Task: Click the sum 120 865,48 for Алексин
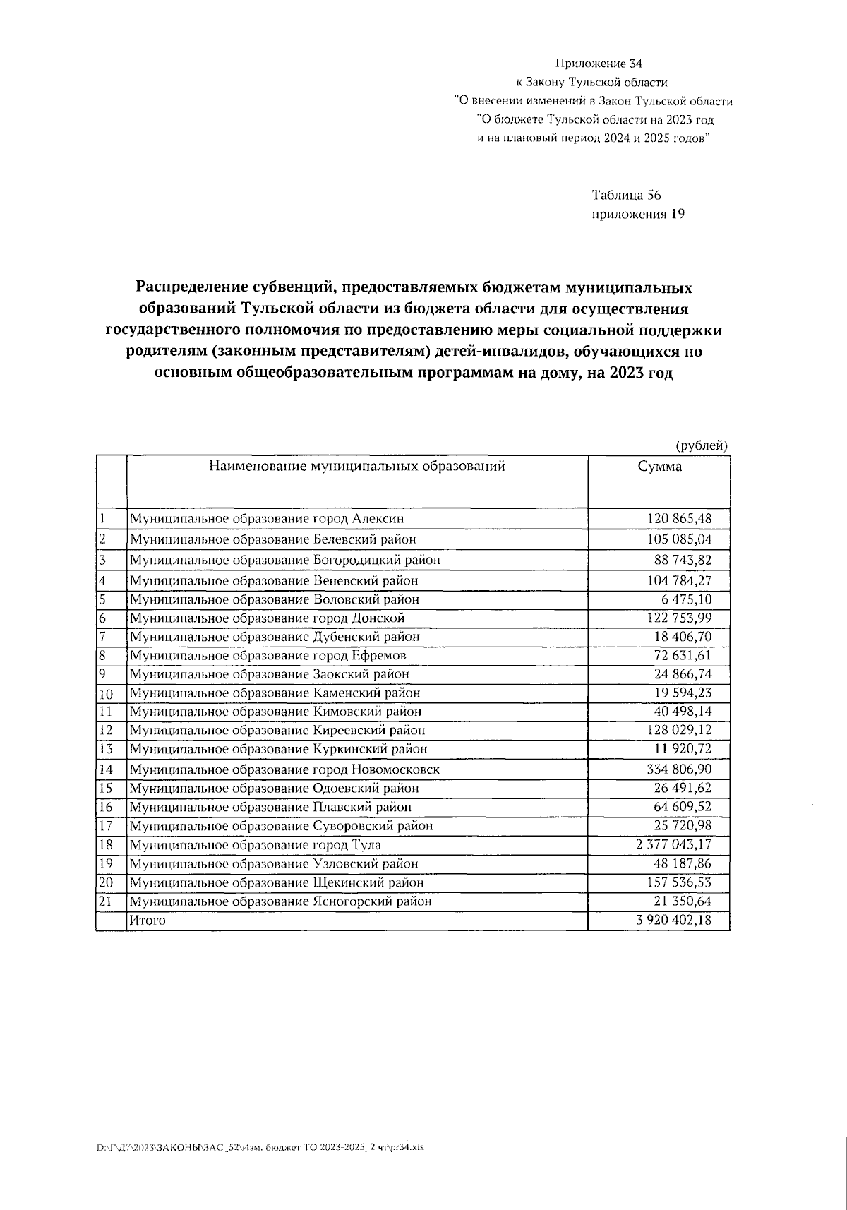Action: [x=679, y=519]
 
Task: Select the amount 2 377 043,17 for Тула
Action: [x=673, y=845]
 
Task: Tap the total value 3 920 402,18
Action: [x=673, y=921]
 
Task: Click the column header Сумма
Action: [x=659, y=467]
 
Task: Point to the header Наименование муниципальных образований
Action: [x=356, y=466]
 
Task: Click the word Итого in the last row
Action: [x=147, y=921]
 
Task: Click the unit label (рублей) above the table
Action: [x=701, y=445]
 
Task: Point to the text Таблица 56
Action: [x=626, y=196]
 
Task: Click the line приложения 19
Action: [x=637, y=214]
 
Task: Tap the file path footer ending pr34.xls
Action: [x=260, y=1147]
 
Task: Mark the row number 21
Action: [x=107, y=901]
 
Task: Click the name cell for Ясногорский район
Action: [x=280, y=901]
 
